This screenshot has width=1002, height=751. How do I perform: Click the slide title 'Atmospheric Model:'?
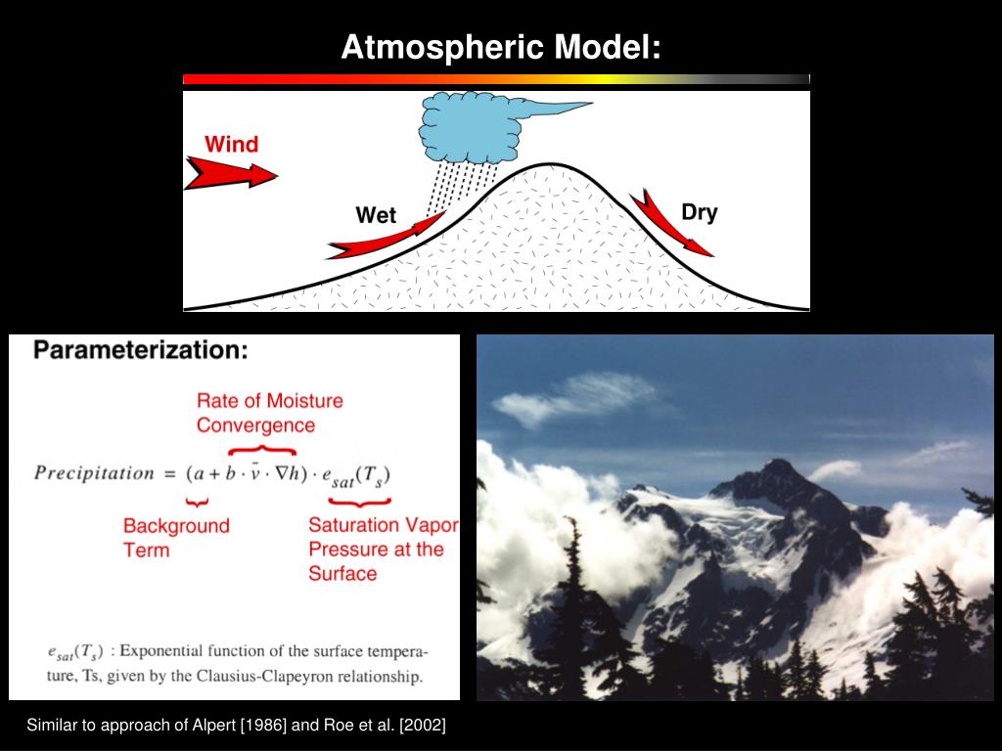point(501,47)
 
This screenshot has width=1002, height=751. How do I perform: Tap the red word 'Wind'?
point(231,145)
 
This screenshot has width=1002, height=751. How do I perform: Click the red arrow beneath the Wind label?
point(231,174)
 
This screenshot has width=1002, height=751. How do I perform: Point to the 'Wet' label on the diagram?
point(376,215)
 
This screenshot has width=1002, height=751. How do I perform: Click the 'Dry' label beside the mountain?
point(700,212)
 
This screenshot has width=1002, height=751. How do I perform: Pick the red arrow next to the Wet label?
point(387,239)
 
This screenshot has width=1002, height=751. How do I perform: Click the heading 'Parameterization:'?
point(141,350)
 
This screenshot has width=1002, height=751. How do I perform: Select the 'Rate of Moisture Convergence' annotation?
point(269,413)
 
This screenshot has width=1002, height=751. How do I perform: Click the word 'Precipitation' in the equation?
point(94,473)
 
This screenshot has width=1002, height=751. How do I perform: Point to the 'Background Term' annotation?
point(176,537)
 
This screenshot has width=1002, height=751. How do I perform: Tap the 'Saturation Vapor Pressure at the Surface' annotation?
point(382,549)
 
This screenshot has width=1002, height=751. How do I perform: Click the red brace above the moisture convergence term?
point(261,450)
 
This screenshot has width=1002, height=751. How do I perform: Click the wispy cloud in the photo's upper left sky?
point(577,399)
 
